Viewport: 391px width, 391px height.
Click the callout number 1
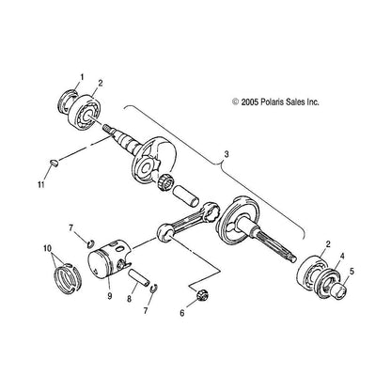pos(81,75)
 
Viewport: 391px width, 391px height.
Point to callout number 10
pos(47,248)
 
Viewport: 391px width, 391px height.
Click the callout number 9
pos(110,296)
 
